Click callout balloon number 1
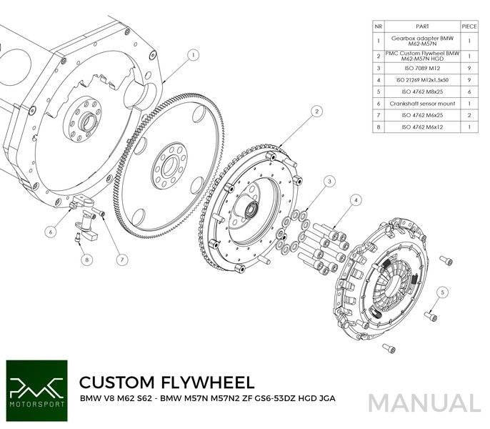tap(193, 54)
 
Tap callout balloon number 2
tap(315, 112)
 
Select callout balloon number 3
tap(329, 182)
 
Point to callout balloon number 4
tap(355, 202)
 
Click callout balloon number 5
tap(444, 292)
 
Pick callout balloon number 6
tap(51, 231)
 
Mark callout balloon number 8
tap(86, 260)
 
